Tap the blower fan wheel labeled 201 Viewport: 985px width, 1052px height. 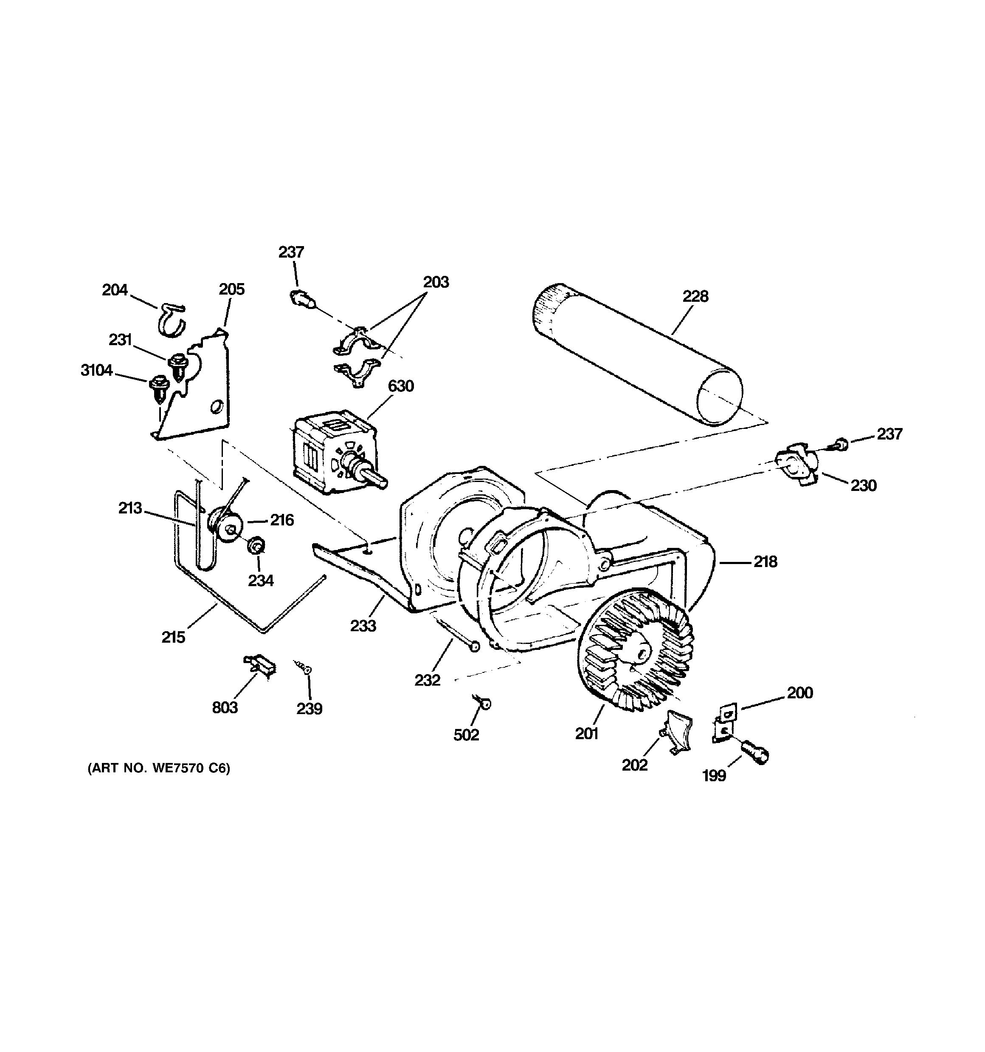[634, 650]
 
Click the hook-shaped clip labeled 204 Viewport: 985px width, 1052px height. [172, 320]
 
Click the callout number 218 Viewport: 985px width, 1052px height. [765, 562]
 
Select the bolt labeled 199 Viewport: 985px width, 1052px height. [755, 752]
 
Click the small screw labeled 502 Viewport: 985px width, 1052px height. [483, 703]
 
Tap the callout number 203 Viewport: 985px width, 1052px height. [436, 282]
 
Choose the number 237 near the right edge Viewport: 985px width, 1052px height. [889, 434]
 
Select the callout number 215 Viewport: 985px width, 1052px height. [173, 637]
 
